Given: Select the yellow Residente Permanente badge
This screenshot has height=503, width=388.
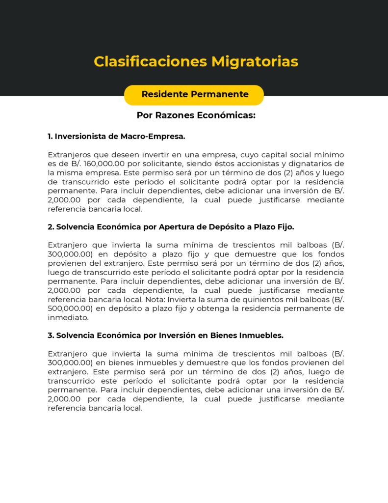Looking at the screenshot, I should (x=194, y=94).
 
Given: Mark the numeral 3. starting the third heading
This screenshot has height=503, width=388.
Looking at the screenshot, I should (x=51, y=335).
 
